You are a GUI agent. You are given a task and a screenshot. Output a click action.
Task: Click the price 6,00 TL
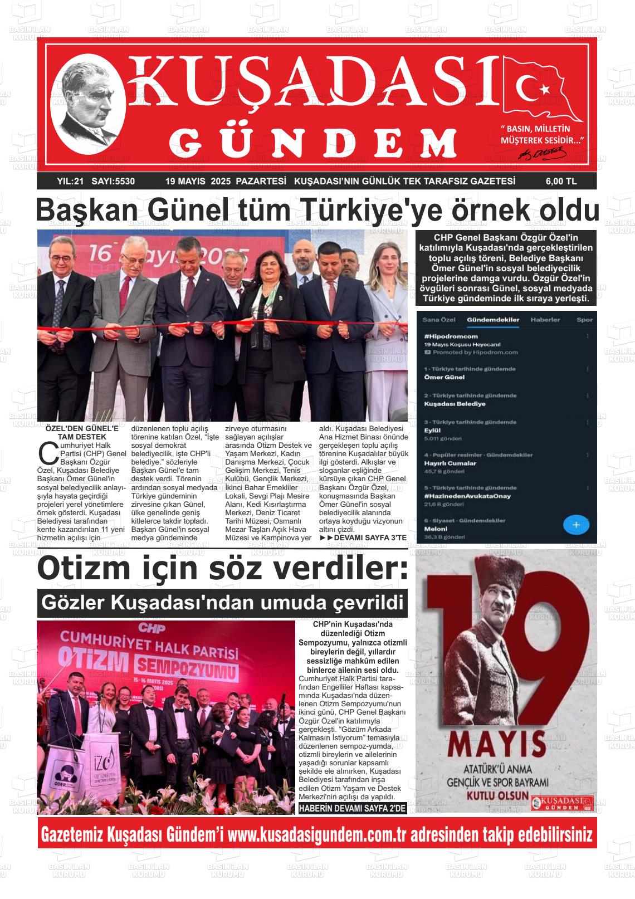560,182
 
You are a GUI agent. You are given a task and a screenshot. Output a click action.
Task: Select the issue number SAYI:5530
113,182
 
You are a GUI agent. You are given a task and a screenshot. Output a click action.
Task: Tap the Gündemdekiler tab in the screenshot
493,320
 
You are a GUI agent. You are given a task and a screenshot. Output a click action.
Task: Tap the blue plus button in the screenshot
576,525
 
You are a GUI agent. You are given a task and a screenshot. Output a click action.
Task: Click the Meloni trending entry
436,529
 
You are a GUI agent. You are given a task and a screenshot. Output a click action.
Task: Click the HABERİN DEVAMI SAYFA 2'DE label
353,808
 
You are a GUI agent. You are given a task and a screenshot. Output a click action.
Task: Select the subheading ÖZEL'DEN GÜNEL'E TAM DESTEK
82,433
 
